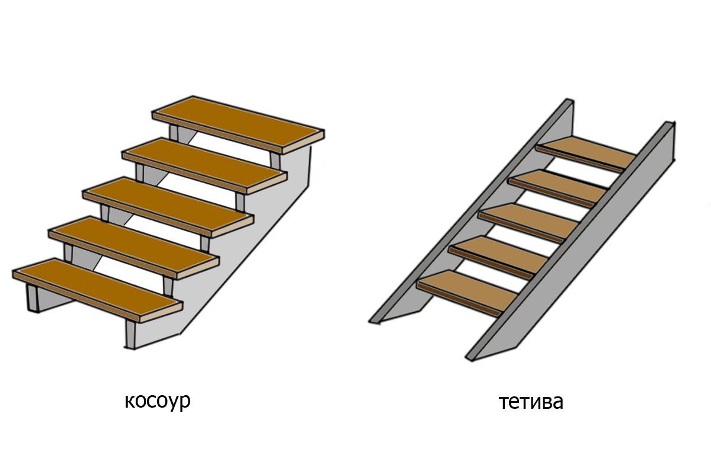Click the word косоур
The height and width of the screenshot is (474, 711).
[x=158, y=401]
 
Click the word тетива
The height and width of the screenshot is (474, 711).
[x=531, y=402]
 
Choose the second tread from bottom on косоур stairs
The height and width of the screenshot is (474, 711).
[x=133, y=245]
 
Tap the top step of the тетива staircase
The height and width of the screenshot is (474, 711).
[x=587, y=152]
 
